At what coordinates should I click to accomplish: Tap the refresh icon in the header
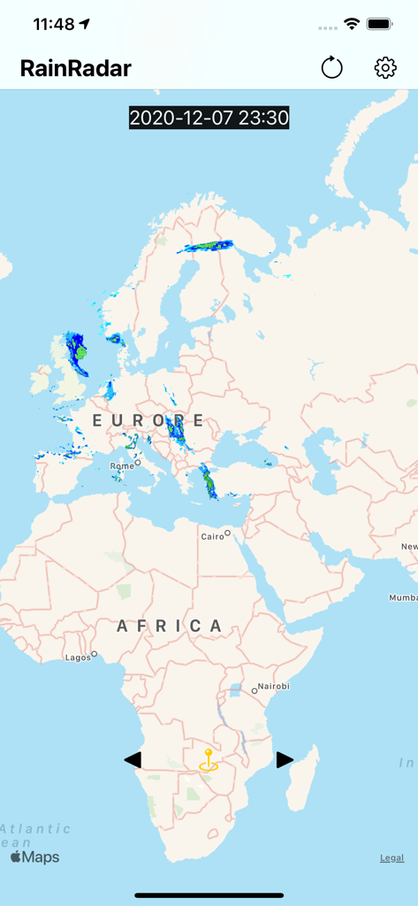tap(331, 67)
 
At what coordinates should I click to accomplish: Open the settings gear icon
tap(385, 67)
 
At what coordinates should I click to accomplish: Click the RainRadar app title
tap(76, 68)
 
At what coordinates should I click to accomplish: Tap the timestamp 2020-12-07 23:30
tap(209, 118)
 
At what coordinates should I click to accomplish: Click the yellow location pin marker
tap(209, 761)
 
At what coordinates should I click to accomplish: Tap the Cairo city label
tap(213, 536)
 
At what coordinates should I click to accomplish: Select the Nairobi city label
tap(273, 687)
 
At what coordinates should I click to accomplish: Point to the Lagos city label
tap(78, 657)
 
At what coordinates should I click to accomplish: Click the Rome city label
tap(122, 465)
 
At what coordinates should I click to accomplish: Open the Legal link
tap(392, 857)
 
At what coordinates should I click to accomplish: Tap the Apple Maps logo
tap(35, 856)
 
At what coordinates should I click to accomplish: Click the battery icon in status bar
tap(380, 24)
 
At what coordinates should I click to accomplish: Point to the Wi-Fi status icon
tap(352, 24)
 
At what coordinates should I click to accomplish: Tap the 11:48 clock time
tap(54, 24)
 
